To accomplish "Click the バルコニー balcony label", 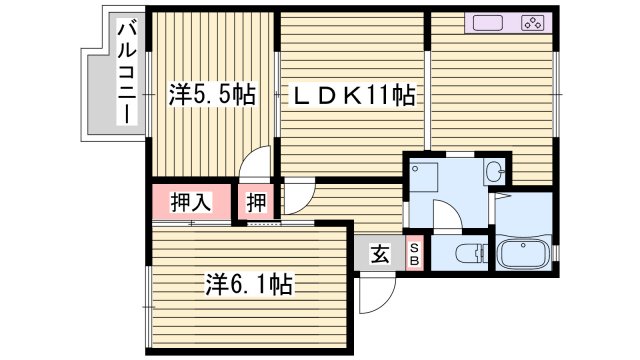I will coord(127,72).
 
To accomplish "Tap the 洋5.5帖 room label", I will coord(211,95).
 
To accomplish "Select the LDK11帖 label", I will coord(353,96).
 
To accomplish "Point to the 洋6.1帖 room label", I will coord(249,285).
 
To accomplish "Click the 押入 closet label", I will coord(190,203).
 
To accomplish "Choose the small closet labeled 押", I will coord(257,203).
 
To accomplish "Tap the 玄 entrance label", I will coord(381,254).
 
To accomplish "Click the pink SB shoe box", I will coord(415,253).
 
